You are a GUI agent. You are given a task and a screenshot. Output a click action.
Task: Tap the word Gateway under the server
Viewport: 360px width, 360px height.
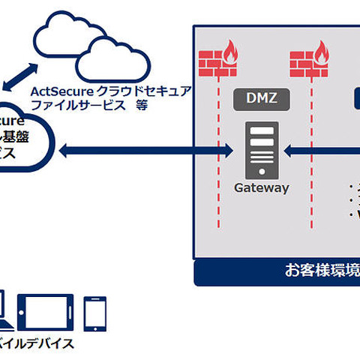pyautogui.click(x=261, y=188)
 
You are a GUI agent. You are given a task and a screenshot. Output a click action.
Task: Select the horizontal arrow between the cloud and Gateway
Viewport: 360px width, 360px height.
pyautogui.click(x=150, y=152)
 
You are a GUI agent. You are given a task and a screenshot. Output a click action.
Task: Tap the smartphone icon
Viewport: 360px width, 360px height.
pyautogui.click(x=95, y=313)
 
